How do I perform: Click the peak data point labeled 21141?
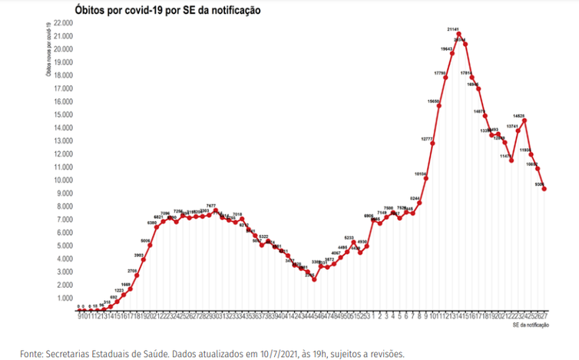[458, 34]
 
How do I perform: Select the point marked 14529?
[524, 121]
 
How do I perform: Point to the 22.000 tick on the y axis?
[63, 23]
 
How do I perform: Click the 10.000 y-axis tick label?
[63, 180]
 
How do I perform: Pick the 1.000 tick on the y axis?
[65, 298]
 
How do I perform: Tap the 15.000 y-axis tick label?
[63, 114]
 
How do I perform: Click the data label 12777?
[428, 138]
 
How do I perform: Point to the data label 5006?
[145, 240]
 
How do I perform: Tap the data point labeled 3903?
[144, 259]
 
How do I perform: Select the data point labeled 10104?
[426, 178]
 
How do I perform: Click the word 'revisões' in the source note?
[385, 354]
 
